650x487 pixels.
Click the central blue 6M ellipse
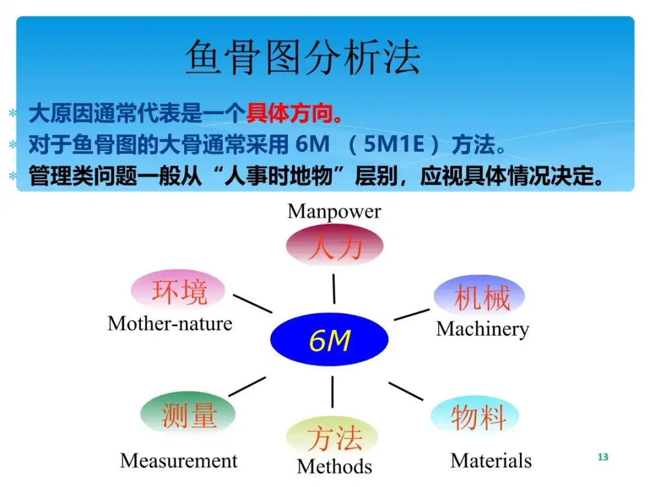329,339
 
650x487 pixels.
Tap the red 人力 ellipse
335,245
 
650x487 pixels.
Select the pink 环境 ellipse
178,290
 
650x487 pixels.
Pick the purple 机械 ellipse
480,296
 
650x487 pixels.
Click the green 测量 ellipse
188,413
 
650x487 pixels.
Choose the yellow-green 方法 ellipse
332,437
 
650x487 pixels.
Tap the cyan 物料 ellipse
475,416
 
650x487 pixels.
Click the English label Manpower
334,212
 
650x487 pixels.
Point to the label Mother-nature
170,323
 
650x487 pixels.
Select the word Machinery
483,329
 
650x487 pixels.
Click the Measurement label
179,461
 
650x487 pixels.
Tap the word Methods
335,467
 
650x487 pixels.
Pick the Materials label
491,461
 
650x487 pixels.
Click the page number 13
603,457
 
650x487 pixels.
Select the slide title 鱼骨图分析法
303,57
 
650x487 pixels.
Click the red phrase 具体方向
289,113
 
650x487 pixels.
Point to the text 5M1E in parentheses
394,144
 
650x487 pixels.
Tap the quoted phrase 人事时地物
279,176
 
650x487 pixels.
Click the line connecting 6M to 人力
333,289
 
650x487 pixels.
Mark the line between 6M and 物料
406,391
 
